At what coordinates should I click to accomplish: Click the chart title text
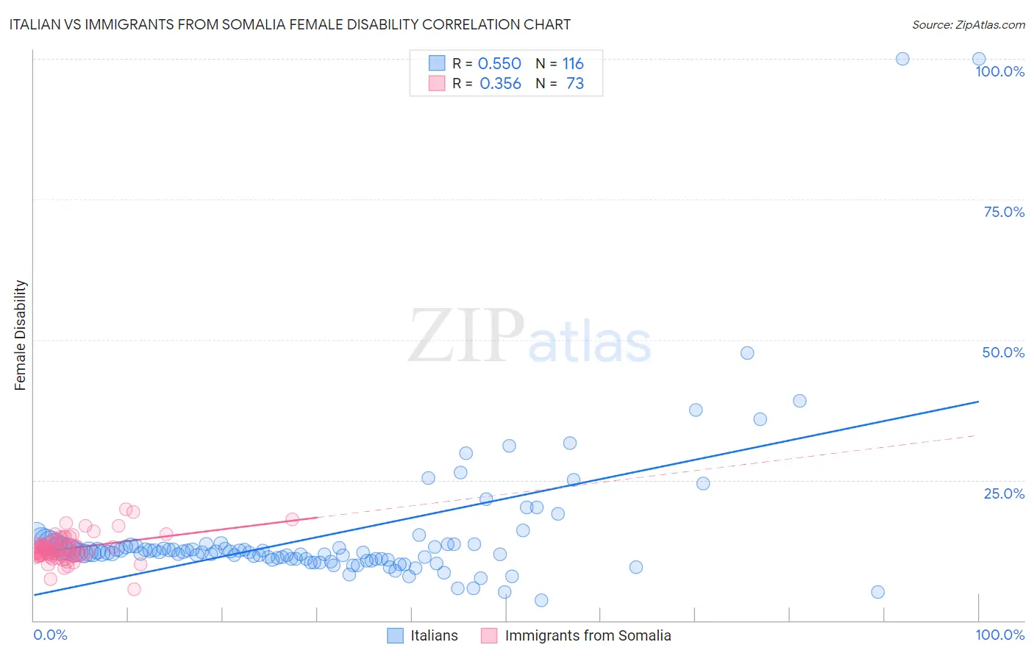tap(290, 25)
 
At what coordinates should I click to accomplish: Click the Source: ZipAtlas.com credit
tap(968, 25)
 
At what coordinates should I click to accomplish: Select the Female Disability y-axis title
tap(21, 335)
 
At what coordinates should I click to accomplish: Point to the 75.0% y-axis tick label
tap(1004, 212)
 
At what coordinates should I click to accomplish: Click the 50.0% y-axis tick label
tap(1003, 352)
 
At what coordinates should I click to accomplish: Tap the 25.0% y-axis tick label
tap(1004, 493)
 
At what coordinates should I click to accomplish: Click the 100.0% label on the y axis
tap(999, 71)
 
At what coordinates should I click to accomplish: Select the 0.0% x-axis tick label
tap(51, 635)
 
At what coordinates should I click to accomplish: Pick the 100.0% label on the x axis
tap(999, 635)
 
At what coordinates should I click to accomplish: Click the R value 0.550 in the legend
tap(499, 64)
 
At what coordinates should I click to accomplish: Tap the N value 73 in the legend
tap(574, 84)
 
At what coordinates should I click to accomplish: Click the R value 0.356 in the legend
tap(500, 84)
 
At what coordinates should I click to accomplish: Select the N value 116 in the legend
tap(573, 64)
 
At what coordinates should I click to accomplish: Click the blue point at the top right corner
tap(979, 59)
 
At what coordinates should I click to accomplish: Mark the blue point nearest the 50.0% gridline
tap(747, 353)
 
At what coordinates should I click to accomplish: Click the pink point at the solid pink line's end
tap(292, 518)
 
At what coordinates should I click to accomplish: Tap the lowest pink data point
tap(134, 589)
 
